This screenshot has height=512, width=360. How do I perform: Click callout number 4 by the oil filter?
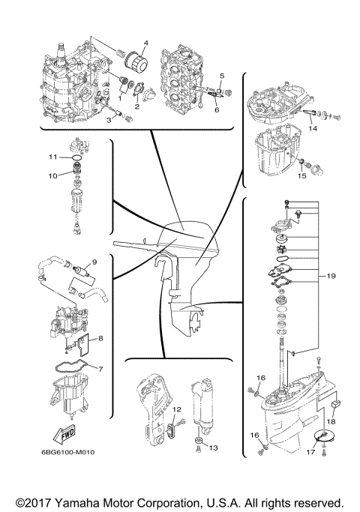pos(145,43)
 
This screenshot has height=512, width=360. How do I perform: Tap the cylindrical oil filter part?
pos(135,59)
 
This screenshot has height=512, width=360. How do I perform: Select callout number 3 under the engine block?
pos(108,119)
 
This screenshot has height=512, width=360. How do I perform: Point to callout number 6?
pos(217,109)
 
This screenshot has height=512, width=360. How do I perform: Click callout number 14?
pos(313,129)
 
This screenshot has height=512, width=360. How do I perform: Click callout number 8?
pos(100,338)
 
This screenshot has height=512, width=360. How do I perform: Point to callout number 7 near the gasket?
pos(100,370)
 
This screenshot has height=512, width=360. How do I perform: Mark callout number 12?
pos(178,410)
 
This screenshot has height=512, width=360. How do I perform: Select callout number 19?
pos(331,276)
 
